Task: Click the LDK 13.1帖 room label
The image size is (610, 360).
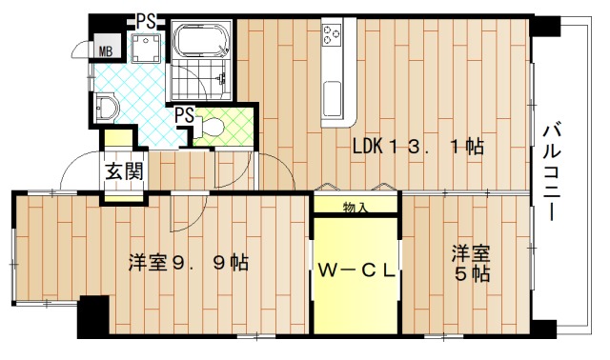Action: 418,147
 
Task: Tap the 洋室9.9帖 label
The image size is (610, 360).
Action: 189,262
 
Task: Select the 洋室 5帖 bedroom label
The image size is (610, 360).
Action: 471,264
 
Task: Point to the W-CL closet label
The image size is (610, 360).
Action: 356,270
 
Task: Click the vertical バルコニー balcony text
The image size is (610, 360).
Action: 554,172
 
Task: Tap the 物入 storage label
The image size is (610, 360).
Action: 356,206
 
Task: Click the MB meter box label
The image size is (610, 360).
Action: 104,51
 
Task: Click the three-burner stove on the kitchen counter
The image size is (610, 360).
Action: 332,36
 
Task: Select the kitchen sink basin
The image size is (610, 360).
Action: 333,97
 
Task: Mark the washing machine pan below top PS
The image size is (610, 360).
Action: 145,50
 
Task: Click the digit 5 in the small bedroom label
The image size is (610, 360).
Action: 460,274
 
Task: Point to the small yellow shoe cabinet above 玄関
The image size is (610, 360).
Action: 119,140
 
